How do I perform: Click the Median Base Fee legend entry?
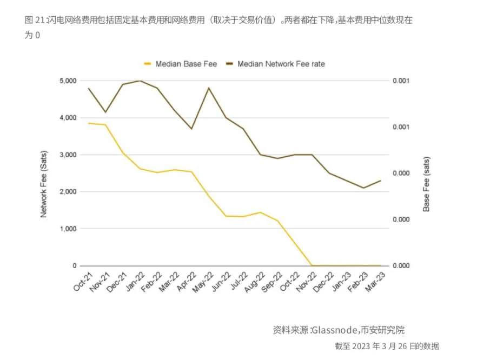[x=186, y=64]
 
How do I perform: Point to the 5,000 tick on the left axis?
[x=68, y=81]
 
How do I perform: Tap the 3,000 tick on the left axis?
[x=68, y=155]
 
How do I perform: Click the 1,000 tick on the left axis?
[x=68, y=229]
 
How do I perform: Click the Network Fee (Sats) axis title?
[x=44, y=184]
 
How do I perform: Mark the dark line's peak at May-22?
[x=209, y=88]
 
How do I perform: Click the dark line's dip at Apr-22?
[x=191, y=129]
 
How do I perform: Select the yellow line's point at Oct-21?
[x=89, y=123]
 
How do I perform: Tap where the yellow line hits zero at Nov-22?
[x=312, y=265]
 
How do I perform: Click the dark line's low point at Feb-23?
[x=363, y=188]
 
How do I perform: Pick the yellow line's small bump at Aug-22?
[x=260, y=212]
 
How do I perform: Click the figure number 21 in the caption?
[x=40, y=21]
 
